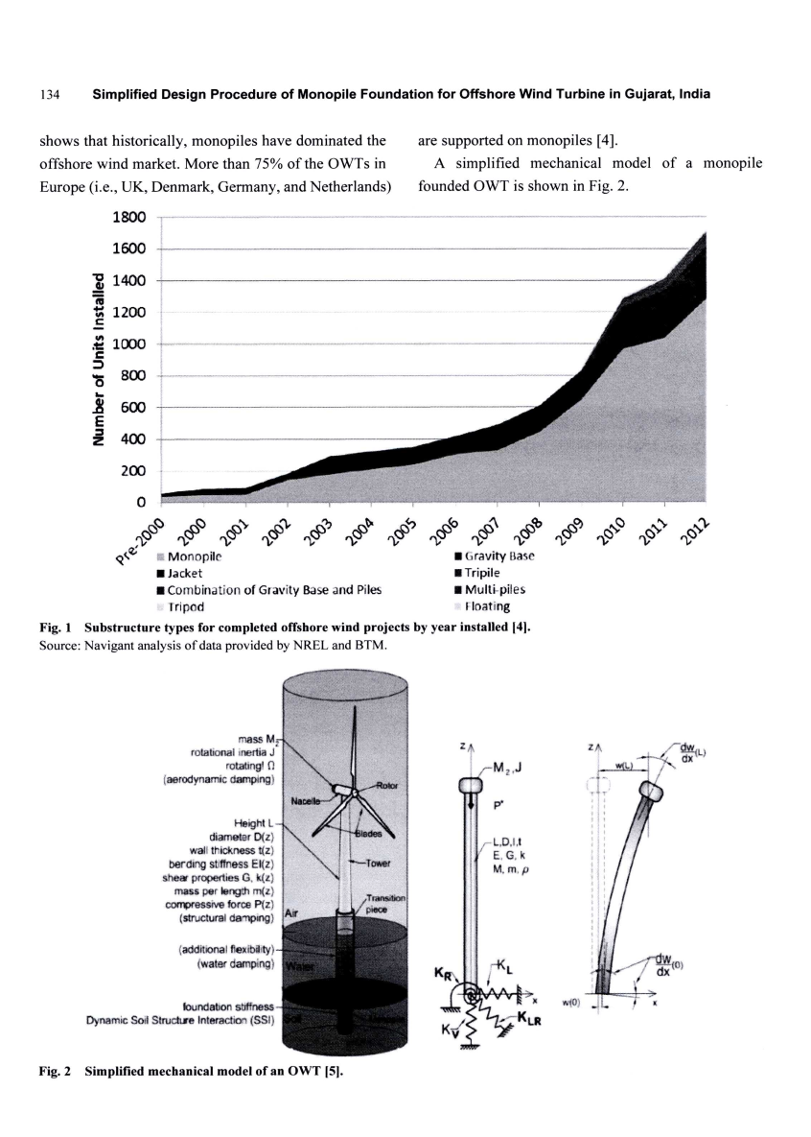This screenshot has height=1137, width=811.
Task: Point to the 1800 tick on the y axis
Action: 127,218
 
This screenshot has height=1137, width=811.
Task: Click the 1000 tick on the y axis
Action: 127,344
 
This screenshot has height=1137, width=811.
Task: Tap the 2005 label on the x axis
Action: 395,527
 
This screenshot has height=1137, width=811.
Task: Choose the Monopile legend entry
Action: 195,557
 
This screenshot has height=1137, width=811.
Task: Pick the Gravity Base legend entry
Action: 498,557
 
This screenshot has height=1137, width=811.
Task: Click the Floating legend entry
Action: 486,606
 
